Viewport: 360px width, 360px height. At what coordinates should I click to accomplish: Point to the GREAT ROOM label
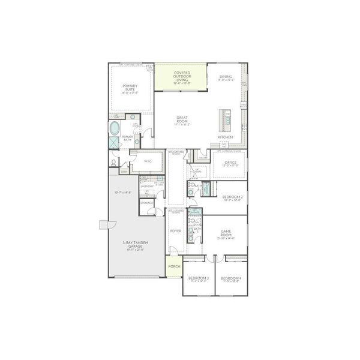click(x=182, y=120)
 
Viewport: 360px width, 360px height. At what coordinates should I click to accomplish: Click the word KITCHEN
click(x=225, y=137)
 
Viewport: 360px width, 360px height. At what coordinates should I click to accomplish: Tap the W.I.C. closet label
click(x=148, y=161)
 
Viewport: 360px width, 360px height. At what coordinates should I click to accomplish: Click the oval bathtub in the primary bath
click(x=114, y=128)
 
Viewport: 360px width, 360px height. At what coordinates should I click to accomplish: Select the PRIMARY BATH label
click(x=128, y=138)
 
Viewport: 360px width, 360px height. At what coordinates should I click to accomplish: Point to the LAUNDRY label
click(x=147, y=185)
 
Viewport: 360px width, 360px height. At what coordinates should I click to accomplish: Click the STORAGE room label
click(x=147, y=203)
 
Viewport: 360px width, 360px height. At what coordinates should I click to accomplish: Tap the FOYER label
click(x=176, y=230)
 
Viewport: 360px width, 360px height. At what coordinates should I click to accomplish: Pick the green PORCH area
click(x=174, y=266)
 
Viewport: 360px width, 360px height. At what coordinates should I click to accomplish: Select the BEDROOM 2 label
click(x=232, y=198)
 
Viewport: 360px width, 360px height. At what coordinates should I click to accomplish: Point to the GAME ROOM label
click(x=226, y=233)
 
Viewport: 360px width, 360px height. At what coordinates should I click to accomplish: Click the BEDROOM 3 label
click(x=198, y=279)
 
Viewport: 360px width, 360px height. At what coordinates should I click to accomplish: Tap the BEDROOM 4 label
click(x=231, y=279)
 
